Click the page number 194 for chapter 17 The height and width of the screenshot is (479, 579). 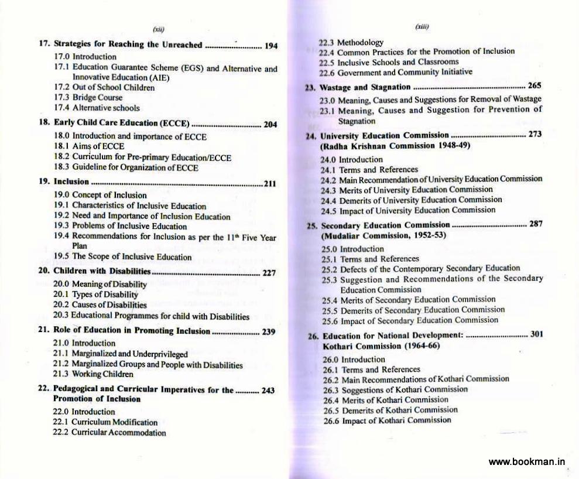pyautogui.click(x=270, y=46)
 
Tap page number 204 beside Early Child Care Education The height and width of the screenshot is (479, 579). pyautogui.click(x=270, y=124)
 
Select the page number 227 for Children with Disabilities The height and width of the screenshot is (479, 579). pyautogui.click(x=269, y=272)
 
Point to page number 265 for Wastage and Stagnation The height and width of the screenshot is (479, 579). pyautogui.click(x=535, y=86)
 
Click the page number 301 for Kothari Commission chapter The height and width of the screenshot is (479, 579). pyautogui.click(x=536, y=334)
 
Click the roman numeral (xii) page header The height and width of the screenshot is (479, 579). pyautogui.click(x=158, y=29)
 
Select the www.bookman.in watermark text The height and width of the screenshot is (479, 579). pyautogui.click(x=527, y=461)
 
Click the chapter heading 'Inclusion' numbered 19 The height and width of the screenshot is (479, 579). pyautogui.click(x=71, y=182)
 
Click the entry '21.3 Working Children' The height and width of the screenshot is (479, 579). pyautogui.click(x=93, y=374)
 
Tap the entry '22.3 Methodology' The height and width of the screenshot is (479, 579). pyautogui.click(x=351, y=42)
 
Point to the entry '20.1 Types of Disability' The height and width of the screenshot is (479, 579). pyautogui.click(x=96, y=295)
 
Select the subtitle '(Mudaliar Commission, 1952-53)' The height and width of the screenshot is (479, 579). pyautogui.click(x=383, y=235)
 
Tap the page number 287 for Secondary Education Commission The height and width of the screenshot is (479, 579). pyautogui.click(x=535, y=224)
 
